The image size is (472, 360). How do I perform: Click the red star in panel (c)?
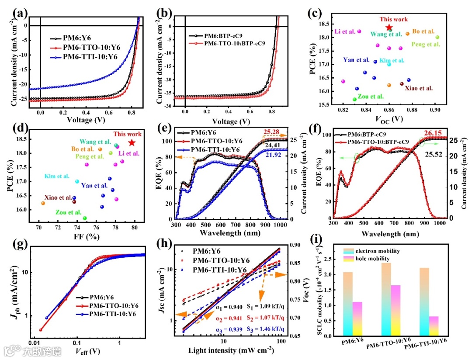click(x=389, y=28)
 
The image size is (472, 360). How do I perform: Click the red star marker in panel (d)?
click(x=132, y=142)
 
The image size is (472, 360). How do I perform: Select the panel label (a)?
click(x=18, y=13)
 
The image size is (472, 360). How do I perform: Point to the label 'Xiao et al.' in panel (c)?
click(x=418, y=88)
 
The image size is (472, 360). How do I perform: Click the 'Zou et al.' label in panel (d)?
click(x=69, y=212)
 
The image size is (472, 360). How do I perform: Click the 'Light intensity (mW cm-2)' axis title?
click(x=231, y=350)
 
